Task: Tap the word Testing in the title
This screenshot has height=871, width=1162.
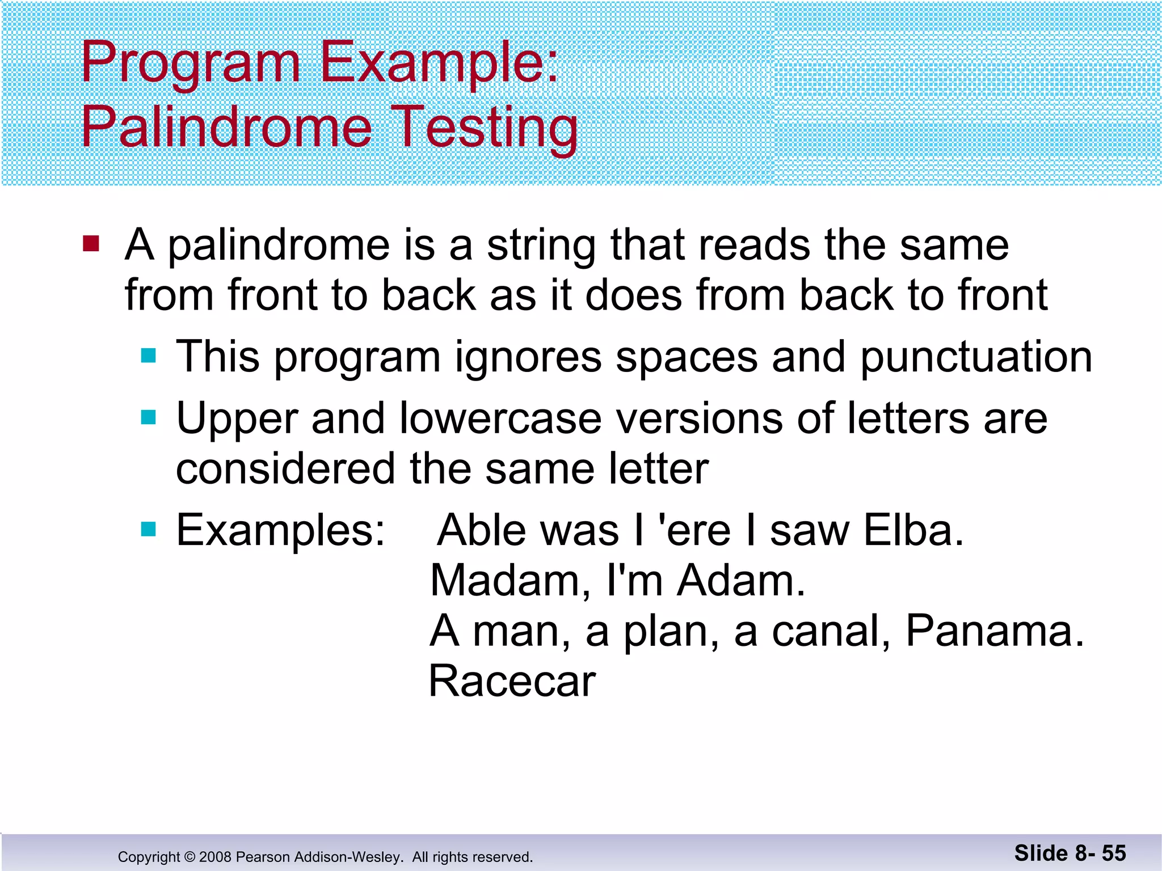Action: (x=487, y=128)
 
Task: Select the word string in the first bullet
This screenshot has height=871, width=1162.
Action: (x=541, y=246)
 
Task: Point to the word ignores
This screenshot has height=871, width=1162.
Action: (x=528, y=358)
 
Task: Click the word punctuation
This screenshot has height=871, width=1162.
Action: (x=976, y=358)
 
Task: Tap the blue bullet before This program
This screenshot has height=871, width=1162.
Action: (x=149, y=356)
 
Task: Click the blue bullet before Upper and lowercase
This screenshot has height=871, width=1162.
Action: (x=149, y=418)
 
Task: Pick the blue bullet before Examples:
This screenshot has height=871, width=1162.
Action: (x=149, y=529)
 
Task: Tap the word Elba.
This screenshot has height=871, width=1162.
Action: (x=913, y=530)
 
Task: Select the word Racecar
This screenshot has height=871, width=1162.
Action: (x=512, y=681)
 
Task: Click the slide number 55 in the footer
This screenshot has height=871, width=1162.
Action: (x=1113, y=853)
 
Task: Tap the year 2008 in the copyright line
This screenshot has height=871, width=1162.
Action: (x=215, y=857)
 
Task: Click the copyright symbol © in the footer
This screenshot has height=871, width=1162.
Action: (x=190, y=857)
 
